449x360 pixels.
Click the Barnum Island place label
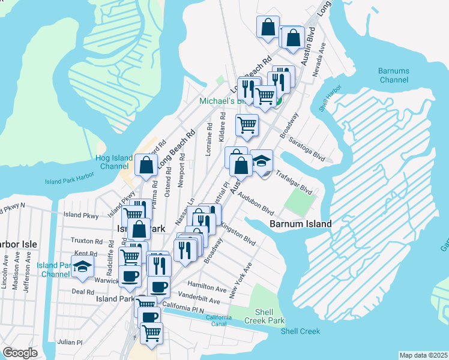tap(300, 224)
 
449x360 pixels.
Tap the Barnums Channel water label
tap(394, 75)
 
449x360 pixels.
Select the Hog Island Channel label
tap(113, 162)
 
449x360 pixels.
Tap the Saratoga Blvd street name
tap(306, 149)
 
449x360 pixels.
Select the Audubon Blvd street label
tap(255, 204)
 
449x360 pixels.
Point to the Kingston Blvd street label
tap(238, 234)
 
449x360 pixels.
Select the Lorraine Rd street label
tap(209, 139)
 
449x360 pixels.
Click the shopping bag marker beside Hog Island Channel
tap(146, 166)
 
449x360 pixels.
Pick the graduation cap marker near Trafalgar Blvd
tap(261, 161)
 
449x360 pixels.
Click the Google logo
tap(20, 353)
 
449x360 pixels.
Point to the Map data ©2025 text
tap(423, 355)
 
